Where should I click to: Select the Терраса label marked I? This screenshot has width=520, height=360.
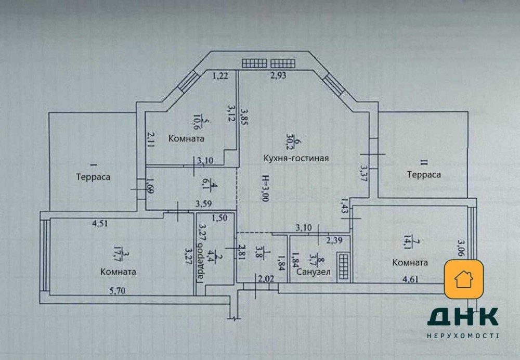93,177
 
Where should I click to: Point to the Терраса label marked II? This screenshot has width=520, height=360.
424,175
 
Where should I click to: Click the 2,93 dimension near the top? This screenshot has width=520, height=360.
278,75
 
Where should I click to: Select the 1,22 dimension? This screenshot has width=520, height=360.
220,76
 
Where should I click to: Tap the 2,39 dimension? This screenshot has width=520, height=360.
334,240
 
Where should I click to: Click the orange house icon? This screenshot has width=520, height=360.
463,279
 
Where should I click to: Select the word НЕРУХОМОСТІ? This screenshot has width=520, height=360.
463,336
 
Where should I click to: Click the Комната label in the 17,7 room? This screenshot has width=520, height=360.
119,272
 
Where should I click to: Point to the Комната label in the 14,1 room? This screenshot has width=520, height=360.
410,263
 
